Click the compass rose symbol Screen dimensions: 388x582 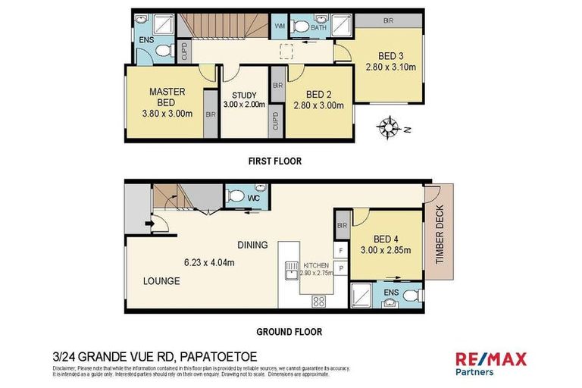point(390,127)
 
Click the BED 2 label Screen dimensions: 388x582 point(319,94)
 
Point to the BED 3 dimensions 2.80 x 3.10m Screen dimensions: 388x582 point(391,67)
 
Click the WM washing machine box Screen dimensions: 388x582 point(278,27)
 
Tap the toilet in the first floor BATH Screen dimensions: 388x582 point(301,27)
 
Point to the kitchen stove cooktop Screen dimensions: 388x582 point(319,301)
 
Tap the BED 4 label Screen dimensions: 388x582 point(386,238)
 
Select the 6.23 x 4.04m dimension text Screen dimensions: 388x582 point(208,263)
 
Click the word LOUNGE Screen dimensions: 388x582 point(161,281)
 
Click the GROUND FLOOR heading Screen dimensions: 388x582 point(288,331)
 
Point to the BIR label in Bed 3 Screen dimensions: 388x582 point(387,20)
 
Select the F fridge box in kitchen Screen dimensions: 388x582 point(341,249)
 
